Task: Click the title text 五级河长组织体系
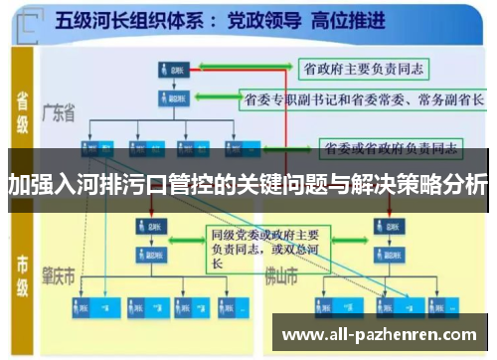click(140, 19)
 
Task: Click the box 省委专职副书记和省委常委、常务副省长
click(363, 98)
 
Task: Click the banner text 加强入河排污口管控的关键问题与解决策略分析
click(248, 184)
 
